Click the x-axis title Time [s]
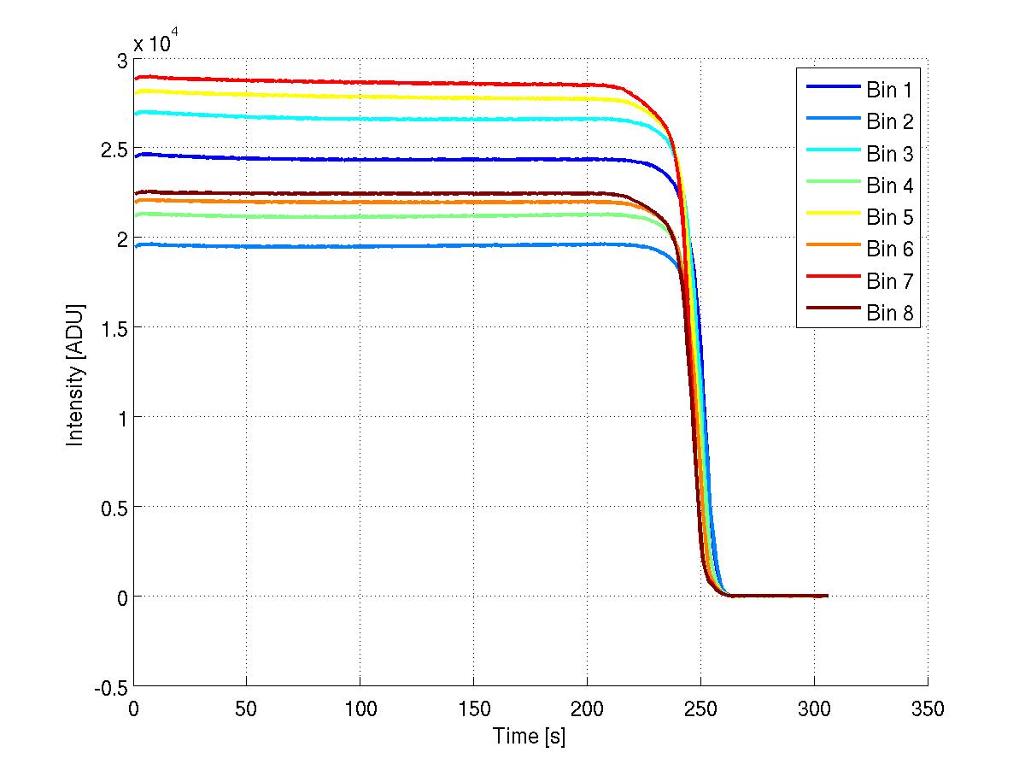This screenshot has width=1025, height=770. coord(530,736)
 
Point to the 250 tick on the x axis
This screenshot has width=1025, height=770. coord(700,708)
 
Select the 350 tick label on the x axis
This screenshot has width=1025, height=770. coord(928,708)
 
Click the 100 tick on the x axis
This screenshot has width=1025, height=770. coord(360,708)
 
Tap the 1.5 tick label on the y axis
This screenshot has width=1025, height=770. coord(114,328)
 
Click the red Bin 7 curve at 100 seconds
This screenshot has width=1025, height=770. coord(360,82)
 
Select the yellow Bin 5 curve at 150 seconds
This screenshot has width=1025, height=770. coord(473,97)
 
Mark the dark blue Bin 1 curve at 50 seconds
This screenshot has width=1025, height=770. coord(247,158)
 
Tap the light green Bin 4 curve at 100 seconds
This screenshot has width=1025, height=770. coord(360,216)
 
